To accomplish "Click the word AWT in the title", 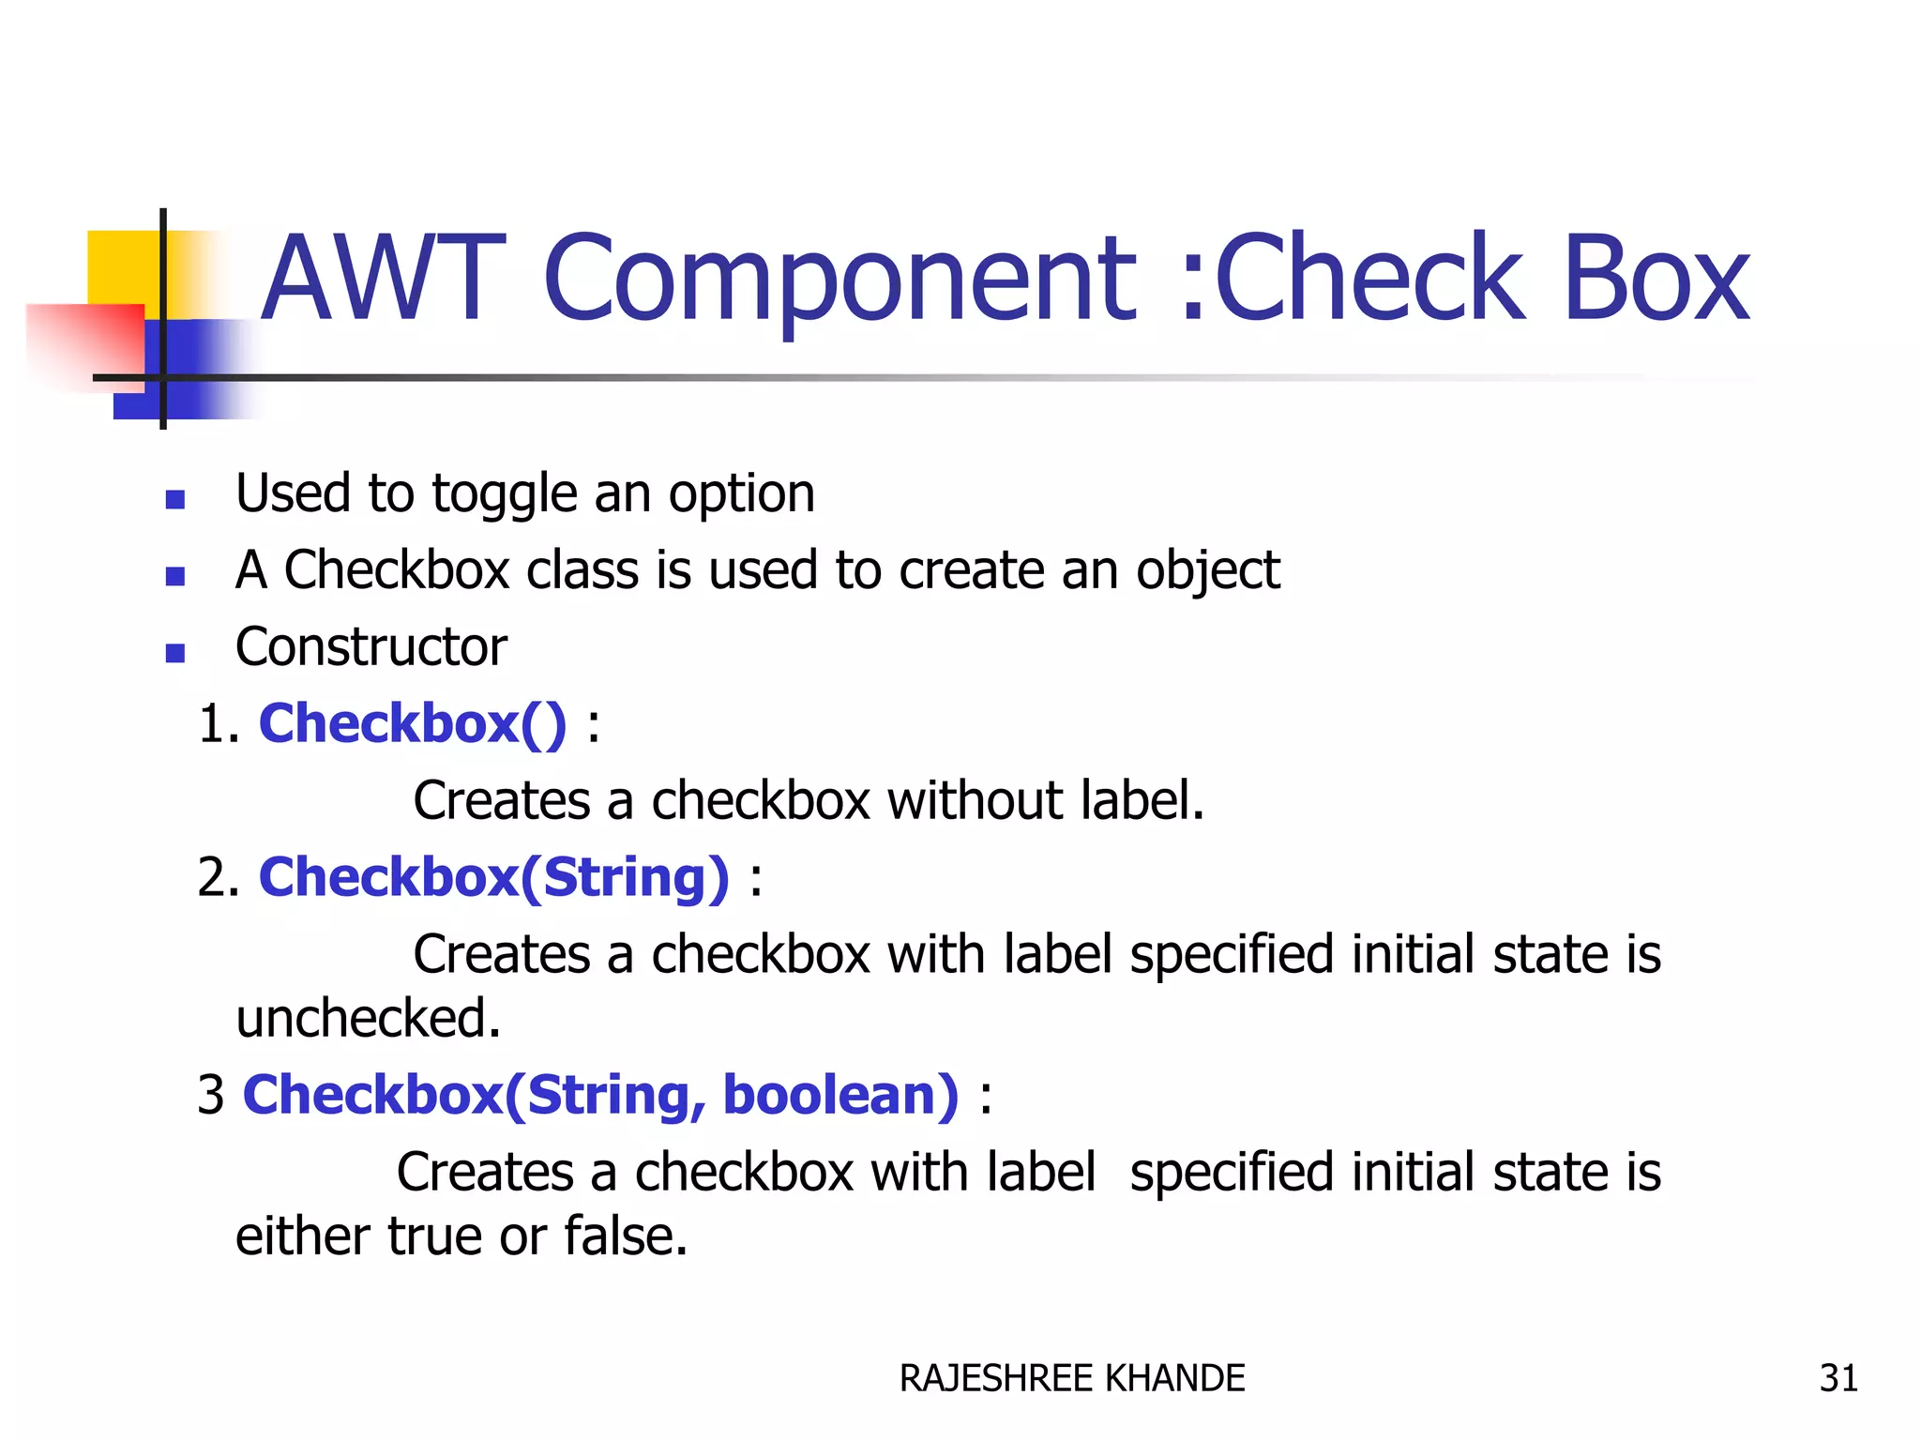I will pyautogui.click(x=383, y=279).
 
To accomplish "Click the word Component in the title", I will pyautogui.click(x=839, y=279).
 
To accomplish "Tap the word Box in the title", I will pyautogui.click(x=1656, y=279).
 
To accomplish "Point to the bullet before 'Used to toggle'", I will pyautogui.click(x=174, y=498).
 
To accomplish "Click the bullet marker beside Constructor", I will pyautogui.click(x=174, y=652).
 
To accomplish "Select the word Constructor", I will pyautogui.click(x=371, y=647).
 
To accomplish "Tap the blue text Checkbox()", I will pyautogui.click(x=413, y=724).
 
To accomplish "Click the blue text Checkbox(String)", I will pyautogui.click(x=493, y=878).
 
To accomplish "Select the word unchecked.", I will pyautogui.click(x=368, y=1019).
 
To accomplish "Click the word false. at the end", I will pyautogui.click(x=626, y=1236).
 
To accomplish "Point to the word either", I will pyautogui.click(x=302, y=1236).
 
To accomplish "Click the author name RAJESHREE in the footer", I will pyautogui.click(x=996, y=1378).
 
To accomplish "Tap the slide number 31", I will pyautogui.click(x=1838, y=1378).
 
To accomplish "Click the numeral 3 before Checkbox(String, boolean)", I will pyautogui.click(x=211, y=1096).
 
